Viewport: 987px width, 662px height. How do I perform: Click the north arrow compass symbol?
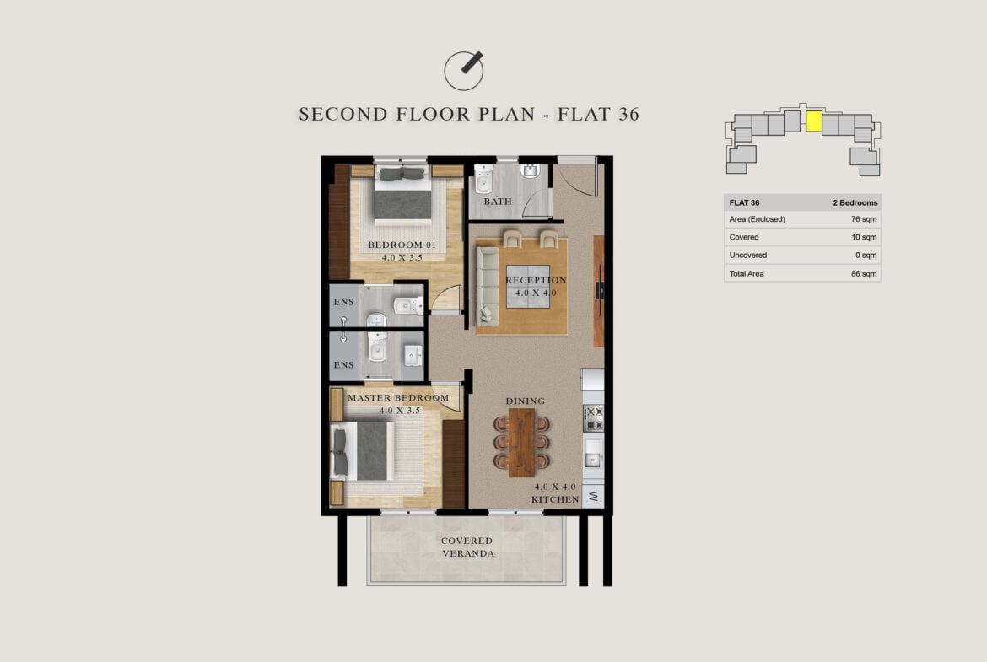coord(464,71)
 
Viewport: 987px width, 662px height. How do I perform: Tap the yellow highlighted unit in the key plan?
coord(814,121)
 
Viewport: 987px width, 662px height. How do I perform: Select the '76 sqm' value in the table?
coord(864,219)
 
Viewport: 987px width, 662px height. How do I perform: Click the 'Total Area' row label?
coord(747,274)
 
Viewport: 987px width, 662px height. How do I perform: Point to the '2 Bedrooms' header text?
coord(855,202)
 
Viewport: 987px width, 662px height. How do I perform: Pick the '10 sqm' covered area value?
coord(864,237)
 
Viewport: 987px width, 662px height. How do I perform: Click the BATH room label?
coord(497,202)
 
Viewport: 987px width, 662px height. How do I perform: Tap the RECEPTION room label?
coord(536,280)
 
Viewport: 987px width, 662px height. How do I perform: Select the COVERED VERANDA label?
coord(467,546)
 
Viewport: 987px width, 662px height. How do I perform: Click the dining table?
coord(521,443)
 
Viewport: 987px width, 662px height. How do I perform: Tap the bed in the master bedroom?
coord(363,450)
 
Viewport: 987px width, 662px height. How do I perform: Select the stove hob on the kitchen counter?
coord(594,417)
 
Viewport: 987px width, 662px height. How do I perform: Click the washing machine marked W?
coord(594,496)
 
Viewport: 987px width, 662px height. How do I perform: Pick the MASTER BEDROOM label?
coord(398,398)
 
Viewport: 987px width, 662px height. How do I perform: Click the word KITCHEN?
coord(554,499)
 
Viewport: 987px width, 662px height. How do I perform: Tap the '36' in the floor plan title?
coord(628,114)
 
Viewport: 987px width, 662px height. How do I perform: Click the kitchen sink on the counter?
coord(593,453)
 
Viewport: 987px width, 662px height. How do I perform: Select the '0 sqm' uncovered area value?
coord(866,255)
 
